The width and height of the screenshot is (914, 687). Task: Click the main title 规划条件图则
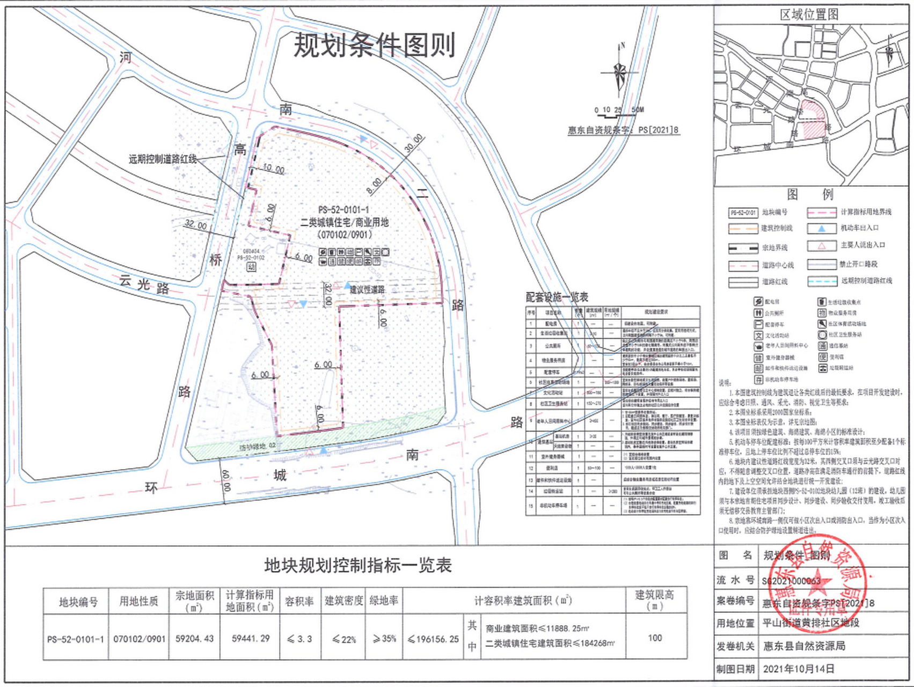click(x=374, y=45)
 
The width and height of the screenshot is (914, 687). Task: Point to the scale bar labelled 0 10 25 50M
click(x=618, y=111)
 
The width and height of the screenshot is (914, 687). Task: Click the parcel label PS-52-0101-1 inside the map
click(x=343, y=210)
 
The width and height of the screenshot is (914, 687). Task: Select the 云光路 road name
click(x=144, y=284)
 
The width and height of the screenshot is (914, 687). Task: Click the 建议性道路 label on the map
click(x=368, y=290)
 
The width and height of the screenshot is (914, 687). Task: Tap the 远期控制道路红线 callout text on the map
click(x=163, y=159)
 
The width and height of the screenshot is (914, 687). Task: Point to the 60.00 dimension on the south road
click(x=226, y=480)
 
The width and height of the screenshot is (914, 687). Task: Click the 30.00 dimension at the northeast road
click(x=413, y=144)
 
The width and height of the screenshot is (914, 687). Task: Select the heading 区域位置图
click(x=809, y=14)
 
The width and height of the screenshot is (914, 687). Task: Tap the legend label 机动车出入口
click(x=860, y=228)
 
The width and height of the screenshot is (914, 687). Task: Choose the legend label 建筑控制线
click(x=777, y=229)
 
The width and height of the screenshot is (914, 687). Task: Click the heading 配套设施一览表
click(x=557, y=297)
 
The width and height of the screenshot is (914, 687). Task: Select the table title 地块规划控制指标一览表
click(x=357, y=565)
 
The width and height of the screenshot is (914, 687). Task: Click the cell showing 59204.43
click(x=194, y=639)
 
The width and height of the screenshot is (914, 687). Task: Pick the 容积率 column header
click(x=299, y=601)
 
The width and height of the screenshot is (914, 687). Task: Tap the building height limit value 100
click(x=655, y=638)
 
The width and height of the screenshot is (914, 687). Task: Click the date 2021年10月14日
click(x=799, y=669)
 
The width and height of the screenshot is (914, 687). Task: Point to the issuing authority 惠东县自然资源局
click(x=804, y=646)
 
